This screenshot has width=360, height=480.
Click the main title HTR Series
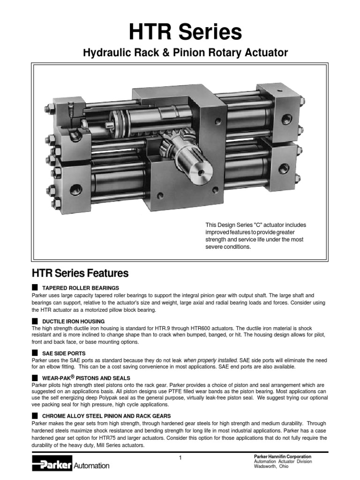(186, 32)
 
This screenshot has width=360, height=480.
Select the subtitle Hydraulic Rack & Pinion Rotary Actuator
(186, 53)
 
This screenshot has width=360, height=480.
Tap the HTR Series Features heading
(80, 273)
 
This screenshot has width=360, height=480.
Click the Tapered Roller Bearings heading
(81, 287)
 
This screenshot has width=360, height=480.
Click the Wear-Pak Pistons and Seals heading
(86, 378)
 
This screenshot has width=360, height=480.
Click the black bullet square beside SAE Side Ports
(34, 352)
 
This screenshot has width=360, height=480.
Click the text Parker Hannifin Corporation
(282, 457)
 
